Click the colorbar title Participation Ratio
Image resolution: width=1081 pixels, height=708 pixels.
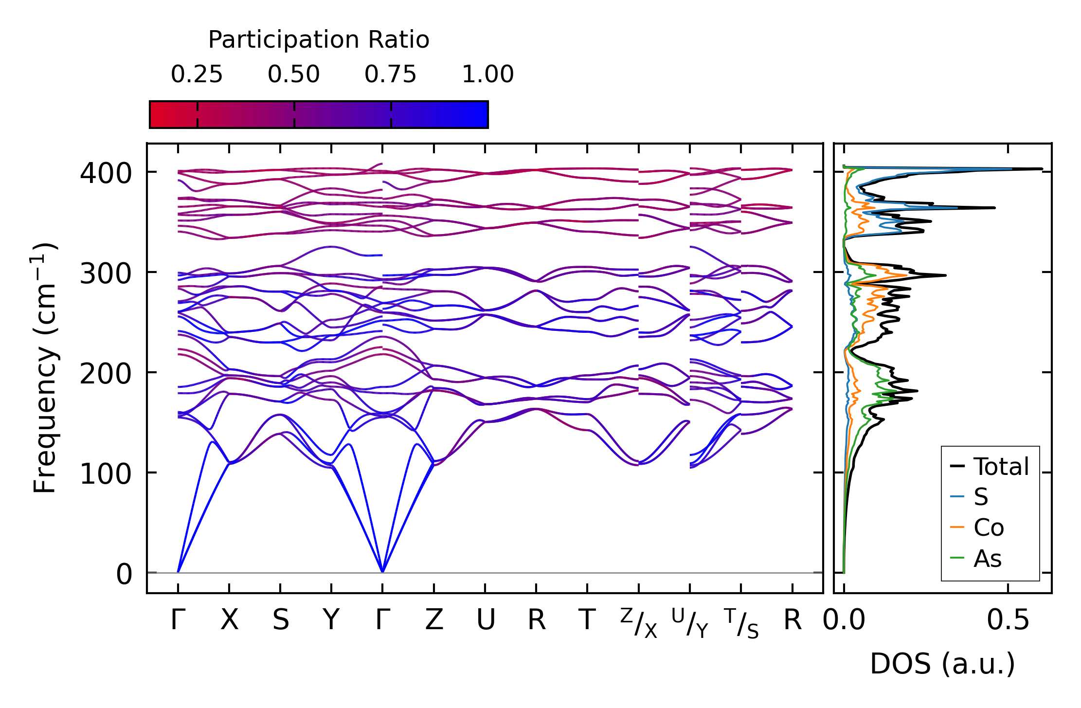click(x=319, y=39)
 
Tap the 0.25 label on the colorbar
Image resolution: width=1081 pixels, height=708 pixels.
click(x=197, y=74)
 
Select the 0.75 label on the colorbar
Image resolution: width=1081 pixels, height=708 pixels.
click(x=391, y=74)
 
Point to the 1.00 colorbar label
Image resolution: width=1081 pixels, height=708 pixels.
click(x=488, y=74)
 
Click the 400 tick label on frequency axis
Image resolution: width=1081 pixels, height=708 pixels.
click(x=106, y=173)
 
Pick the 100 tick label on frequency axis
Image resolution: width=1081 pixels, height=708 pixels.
click(x=106, y=473)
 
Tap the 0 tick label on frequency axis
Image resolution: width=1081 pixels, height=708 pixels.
click(x=124, y=574)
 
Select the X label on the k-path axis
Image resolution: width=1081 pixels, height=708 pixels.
click(x=229, y=620)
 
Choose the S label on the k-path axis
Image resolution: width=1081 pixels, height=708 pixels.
click(x=281, y=620)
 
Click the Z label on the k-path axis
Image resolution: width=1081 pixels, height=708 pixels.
click(x=434, y=620)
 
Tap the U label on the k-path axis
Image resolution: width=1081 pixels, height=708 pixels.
click(x=486, y=620)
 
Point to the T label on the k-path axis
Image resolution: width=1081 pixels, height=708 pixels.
click(x=587, y=620)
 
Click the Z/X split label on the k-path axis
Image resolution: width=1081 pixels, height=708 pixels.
click(x=639, y=623)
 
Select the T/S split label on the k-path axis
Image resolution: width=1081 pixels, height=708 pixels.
click(x=741, y=623)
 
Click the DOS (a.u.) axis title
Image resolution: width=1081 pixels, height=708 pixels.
click(x=942, y=664)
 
